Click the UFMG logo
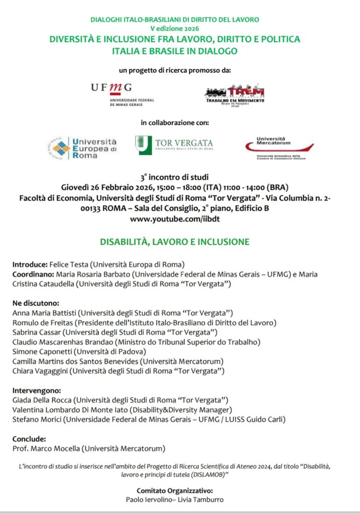click(122, 94)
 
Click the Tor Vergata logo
click(174, 145)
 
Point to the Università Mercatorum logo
click(279, 148)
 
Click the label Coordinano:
click(33, 275)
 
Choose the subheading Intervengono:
click(37, 390)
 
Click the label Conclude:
click(29, 438)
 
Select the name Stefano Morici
click(37, 419)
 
